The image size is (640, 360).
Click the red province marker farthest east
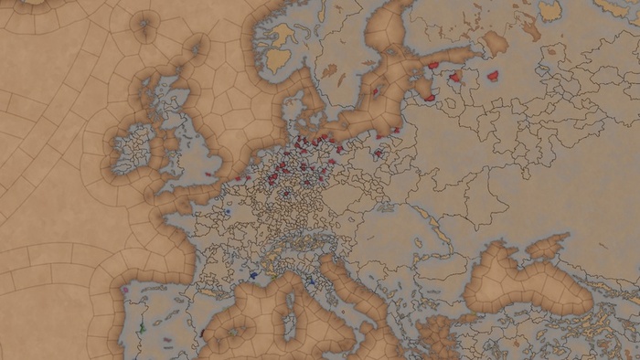click(494, 76)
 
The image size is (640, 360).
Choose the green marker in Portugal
click(143, 327)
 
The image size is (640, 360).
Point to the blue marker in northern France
click(228, 211)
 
